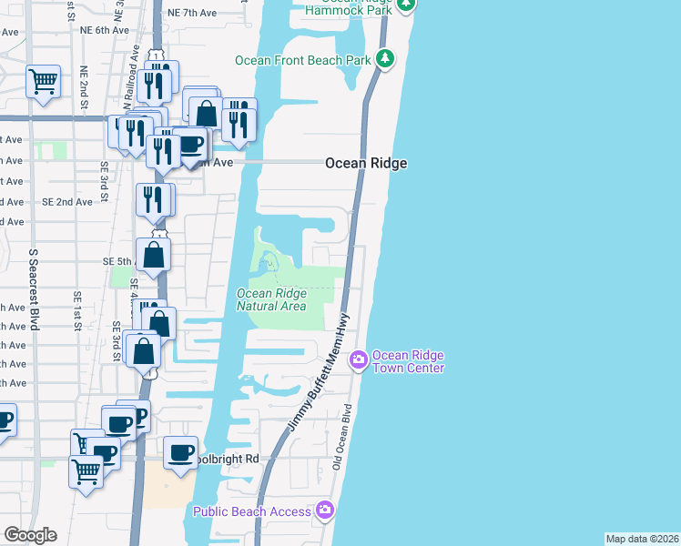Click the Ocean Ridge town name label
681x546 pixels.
click(366, 163)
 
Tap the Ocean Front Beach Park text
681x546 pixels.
click(303, 60)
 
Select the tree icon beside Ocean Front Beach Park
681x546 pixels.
click(387, 59)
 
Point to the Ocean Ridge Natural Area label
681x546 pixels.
click(271, 299)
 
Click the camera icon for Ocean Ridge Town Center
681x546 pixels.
click(359, 360)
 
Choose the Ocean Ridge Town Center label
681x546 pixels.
click(407, 361)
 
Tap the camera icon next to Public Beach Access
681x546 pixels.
click(325, 511)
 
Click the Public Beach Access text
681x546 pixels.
click(252, 511)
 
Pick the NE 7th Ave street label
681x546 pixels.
click(193, 14)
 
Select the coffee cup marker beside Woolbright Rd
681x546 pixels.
click(181, 451)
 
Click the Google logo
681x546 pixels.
click(30, 535)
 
